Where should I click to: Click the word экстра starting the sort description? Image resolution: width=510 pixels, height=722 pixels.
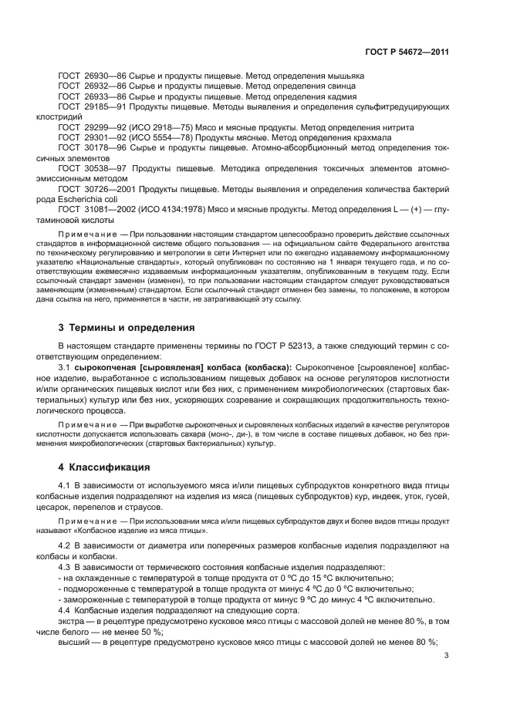click(x=71, y=621)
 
